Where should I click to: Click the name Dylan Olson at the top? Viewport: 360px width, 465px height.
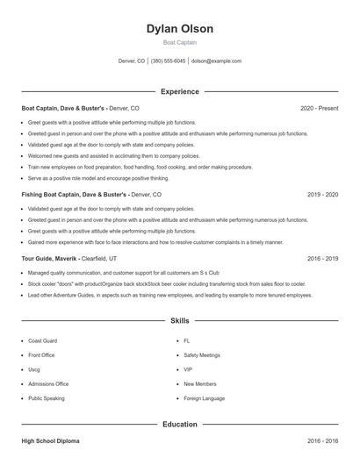(x=179, y=29)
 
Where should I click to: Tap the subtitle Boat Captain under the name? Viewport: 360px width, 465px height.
(x=179, y=42)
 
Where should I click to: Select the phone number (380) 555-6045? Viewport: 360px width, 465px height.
(x=168, y=61)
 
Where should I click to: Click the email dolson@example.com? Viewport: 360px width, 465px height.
(x=216, y=61)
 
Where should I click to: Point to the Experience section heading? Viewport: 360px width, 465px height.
(x=179, y=91)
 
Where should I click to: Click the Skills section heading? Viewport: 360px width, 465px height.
(x=179, y=322)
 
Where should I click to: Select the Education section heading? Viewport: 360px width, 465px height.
(x=179, y=425)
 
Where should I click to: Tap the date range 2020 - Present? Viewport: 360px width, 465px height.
(x=319, y=109)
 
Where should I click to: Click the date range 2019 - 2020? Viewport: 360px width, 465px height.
(x=320, y=194)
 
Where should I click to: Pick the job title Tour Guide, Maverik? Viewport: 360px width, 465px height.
(x=50, y=259)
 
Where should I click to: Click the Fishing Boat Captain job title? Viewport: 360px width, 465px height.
(x=75, y=194)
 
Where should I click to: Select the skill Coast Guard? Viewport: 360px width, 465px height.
(x=43, y=340)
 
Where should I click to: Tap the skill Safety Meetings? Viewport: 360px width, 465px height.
(x=203, y=355)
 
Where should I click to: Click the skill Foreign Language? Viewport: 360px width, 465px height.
(x=204, y=398)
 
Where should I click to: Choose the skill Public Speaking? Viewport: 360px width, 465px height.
(x=47, y=398)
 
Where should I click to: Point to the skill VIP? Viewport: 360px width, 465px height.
(x=188, y=369)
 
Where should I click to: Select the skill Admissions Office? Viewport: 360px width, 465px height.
(x=48, y=383)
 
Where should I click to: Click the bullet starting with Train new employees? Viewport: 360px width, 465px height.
(x=127, y=167)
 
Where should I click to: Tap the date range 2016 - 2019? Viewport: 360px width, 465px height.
(x=320, y=259)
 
